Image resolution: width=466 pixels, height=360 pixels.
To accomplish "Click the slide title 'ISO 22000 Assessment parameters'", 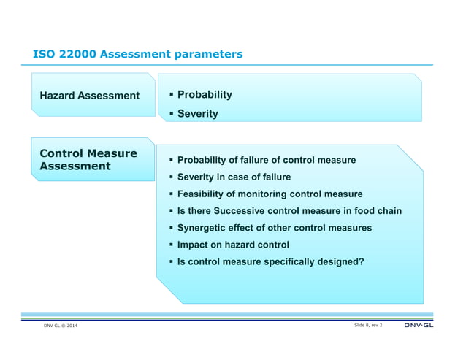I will click(x=138, y=55).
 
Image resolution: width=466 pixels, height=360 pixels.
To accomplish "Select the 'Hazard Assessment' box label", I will click(x=90, y=96).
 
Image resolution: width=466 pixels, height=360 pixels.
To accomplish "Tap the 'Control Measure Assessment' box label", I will click(x=88, y=160).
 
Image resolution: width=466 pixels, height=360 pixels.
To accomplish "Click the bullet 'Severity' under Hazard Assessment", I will click(x=197, y=114).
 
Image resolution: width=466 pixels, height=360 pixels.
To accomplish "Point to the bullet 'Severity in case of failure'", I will click(x=234, y=177).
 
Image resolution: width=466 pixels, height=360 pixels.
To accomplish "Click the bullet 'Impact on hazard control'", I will click(x=233, y=245).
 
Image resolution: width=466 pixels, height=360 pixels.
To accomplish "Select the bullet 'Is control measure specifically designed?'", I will click(x=270, y=261).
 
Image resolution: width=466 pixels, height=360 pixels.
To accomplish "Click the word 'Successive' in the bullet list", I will click(x=245, y=211).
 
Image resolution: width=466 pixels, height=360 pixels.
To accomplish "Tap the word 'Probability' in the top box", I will click(x=205, y=95).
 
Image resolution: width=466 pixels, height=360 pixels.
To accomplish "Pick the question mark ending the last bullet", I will click(x=361, y=261).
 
